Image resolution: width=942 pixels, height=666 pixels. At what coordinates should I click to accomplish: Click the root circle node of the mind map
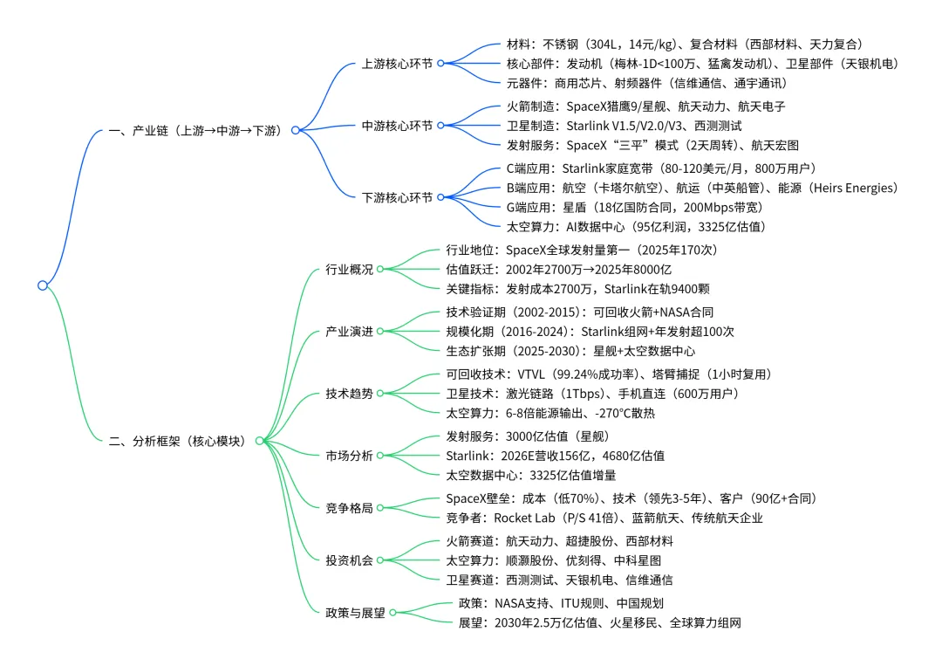coord(42,285)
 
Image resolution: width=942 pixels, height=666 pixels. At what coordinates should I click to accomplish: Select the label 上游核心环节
coord(398,64)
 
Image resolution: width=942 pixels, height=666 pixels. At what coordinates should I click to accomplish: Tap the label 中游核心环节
coord(398,127)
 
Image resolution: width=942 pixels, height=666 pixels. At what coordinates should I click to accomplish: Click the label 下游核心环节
coord(398,198)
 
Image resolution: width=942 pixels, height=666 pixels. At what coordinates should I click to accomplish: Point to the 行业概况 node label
coord(349,270)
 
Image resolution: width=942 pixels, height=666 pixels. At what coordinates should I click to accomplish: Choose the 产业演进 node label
coord(349,332)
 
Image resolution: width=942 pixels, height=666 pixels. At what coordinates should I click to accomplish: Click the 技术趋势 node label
coord(349,394)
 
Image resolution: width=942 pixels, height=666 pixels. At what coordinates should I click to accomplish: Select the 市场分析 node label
coord(349,456)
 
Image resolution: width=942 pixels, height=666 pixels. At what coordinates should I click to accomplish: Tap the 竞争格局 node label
coord(349,508)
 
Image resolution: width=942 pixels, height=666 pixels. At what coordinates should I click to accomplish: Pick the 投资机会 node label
coord(349,560)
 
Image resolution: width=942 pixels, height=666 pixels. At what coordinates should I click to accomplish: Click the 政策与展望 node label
coord(355,613)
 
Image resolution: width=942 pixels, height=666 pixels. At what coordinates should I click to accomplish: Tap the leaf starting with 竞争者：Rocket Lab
coord(604,518)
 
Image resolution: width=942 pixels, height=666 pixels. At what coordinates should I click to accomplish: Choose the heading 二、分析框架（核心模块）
coord(181,442)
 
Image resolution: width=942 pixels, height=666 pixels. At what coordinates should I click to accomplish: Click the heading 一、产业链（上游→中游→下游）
coord(196,131)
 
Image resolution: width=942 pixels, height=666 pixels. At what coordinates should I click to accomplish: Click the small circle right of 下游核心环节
coord(441,198)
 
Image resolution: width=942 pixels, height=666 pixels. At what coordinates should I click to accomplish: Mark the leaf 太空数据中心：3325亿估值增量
coord(531,476)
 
